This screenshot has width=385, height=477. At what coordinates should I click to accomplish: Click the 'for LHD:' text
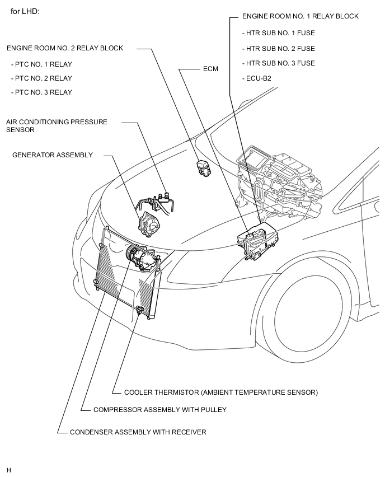click(25, 11)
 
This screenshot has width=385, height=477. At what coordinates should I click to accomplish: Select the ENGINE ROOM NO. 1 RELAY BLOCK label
click(301, 17)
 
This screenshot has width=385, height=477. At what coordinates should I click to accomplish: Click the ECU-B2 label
click(259, 78)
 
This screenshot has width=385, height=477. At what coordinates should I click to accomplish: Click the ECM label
click(210, 69)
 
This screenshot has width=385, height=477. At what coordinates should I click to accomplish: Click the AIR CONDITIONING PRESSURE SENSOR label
click(57, 125)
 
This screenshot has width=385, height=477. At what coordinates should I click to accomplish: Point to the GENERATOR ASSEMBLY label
click(53, 155)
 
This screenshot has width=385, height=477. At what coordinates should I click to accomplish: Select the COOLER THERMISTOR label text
click(221, 392)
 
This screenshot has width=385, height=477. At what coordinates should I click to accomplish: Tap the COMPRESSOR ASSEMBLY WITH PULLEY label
click(160, 410)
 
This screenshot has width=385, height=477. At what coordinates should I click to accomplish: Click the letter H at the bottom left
click(10, 469)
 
